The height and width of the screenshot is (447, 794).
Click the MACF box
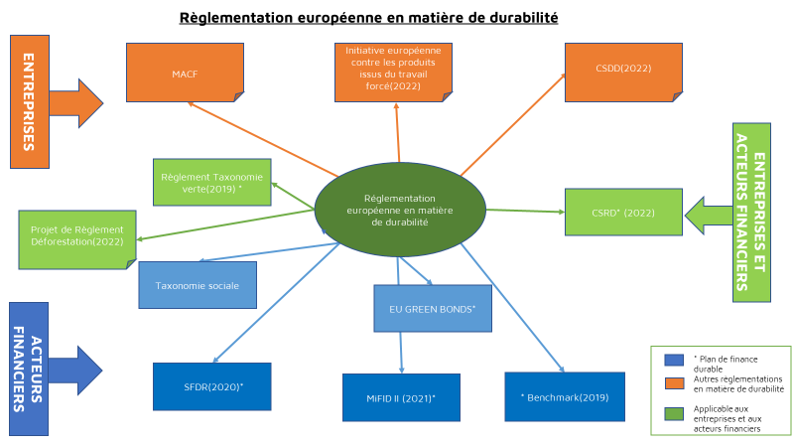click(185, 73)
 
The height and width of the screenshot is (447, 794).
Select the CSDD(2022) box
click(623, 73)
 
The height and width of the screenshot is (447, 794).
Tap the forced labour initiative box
click(393, 73)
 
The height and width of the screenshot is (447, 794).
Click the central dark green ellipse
click(400, 210)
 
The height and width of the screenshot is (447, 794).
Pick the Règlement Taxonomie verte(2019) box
click(212, 183)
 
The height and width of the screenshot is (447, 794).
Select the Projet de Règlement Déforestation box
click(77, 239)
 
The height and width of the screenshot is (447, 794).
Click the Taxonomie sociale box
click(198, 285)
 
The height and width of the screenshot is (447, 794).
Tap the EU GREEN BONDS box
click(433, 308)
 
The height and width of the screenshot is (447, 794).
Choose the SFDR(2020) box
click(212, 386)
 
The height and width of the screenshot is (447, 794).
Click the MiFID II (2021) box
click(401, 397)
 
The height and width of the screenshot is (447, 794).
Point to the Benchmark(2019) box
click(565, 396)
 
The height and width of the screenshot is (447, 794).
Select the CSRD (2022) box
click(623, 213)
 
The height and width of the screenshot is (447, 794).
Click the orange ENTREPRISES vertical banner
click(30, 102)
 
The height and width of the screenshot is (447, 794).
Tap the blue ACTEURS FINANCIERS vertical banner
click(29, 369)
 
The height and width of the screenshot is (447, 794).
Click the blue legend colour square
click(674, 360)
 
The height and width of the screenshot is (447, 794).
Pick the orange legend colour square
click(674, 383)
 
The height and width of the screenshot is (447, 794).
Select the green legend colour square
click(674, 414)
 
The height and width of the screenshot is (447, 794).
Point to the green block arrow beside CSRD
click(709, 216)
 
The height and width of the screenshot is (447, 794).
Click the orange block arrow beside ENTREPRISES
click(76, 103)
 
